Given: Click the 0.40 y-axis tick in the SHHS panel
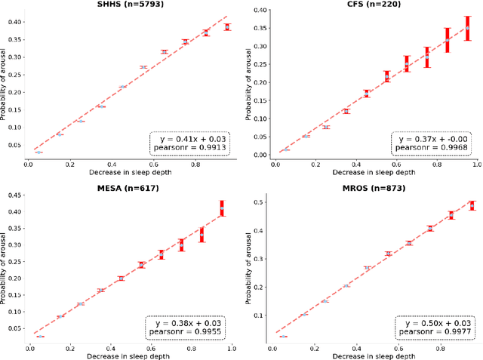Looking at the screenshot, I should click(x=14, y=22).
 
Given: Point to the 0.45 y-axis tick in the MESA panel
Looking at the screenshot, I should click(x=14, y=194).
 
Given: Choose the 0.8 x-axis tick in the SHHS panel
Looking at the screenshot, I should click(x=195, y=162).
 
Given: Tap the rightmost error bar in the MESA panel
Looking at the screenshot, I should click(x=222, y=208).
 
